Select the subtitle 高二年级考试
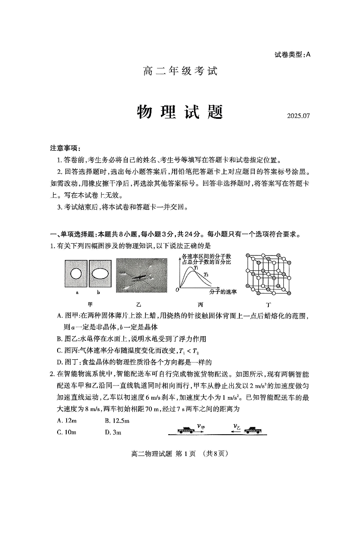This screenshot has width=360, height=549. point(180,71)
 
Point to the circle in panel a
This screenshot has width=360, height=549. point(76,274)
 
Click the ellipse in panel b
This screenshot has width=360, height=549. point(101,274)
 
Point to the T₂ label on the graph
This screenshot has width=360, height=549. point(206,274)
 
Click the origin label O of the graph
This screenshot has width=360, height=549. point(177,289)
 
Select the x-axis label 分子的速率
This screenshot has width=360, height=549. point(223,291)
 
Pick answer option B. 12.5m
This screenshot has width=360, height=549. point(117,421)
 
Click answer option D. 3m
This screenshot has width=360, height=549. point(113,432)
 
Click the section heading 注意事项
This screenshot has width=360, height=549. point(66,148)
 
